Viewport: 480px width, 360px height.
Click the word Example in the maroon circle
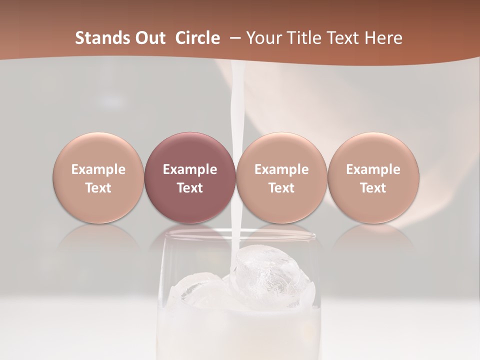click(x=190, y=169)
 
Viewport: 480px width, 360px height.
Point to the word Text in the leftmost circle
click(x=98, y=188)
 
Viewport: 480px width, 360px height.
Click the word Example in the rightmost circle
click(x=373, y=169)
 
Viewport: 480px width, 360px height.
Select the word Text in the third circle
click(x=281, y=188)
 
